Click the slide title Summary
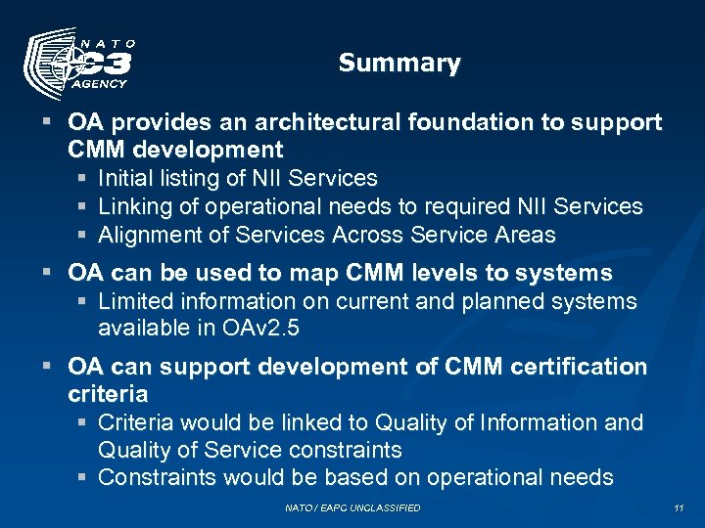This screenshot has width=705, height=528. (399, 64)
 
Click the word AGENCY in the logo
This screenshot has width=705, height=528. (101, 84)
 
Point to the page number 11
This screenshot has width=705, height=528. (679, 507)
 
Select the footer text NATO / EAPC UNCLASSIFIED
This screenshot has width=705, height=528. (352, 507)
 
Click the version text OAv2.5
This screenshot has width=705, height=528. (261, 329)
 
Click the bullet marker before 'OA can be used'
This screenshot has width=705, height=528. (48, 273)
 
